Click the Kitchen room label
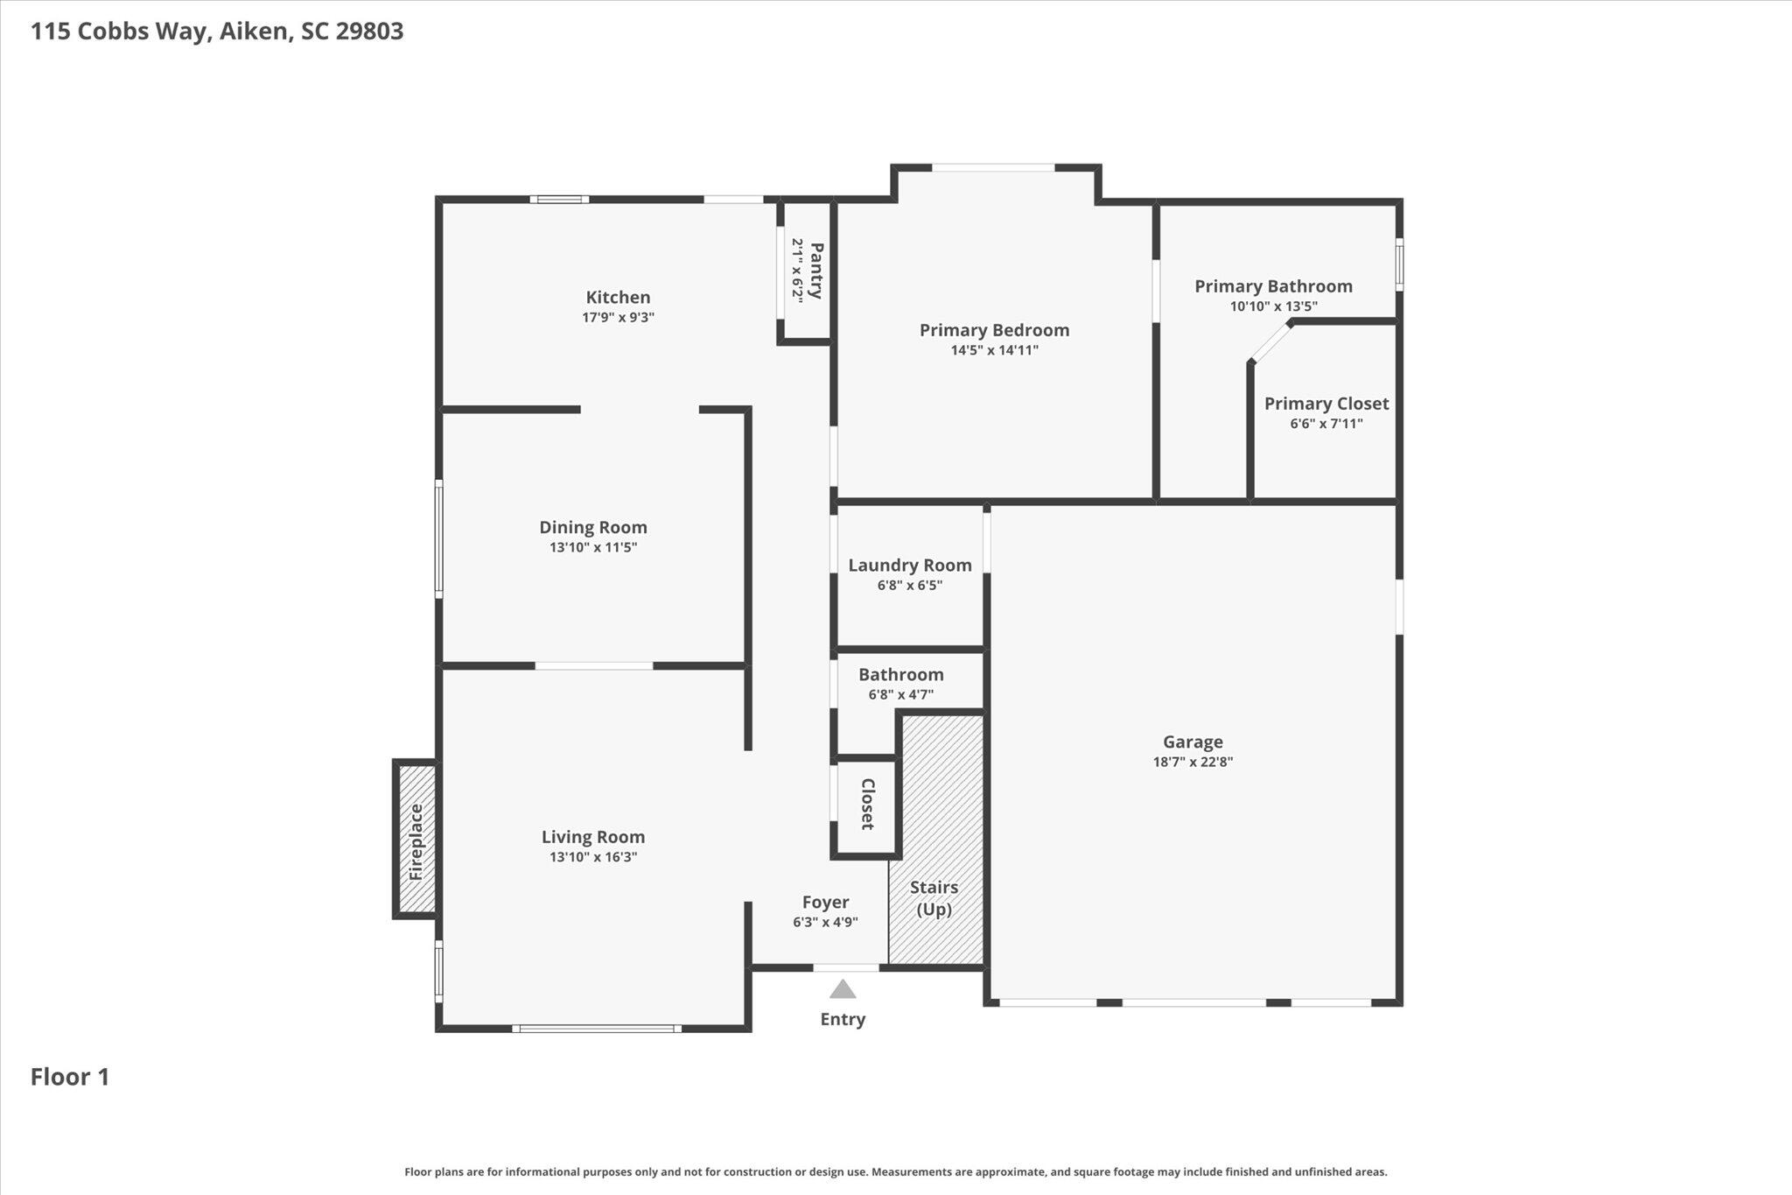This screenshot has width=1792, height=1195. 618,298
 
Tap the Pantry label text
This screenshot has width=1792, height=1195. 815,271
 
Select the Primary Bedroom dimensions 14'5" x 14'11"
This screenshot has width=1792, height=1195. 995,350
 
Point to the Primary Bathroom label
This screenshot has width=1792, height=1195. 1273,286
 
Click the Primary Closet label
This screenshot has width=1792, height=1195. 1326,404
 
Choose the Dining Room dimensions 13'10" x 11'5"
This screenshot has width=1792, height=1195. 593,547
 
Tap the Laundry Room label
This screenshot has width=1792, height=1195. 910,566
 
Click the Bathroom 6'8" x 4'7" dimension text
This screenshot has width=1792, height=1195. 901,695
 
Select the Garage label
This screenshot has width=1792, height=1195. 1193,742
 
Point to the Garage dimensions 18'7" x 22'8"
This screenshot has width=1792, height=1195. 1193,762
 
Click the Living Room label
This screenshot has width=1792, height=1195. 593,837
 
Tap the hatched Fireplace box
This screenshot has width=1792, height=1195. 416,839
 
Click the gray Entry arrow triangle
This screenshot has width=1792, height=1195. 843,989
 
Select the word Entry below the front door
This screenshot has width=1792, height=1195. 843,1019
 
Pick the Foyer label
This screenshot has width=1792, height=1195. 826,903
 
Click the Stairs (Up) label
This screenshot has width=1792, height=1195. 934,898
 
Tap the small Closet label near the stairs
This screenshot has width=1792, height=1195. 868,804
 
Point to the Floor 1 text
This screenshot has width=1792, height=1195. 70,1077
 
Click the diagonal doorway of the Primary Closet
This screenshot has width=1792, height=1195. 1270,342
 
